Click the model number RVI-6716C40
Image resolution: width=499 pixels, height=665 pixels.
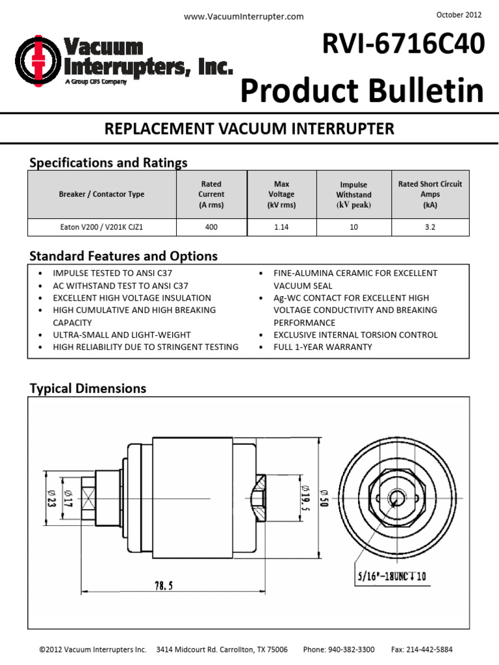pos(403,45)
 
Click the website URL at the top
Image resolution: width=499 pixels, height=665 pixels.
pos(244,17)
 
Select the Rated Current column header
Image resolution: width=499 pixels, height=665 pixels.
pos(211,194)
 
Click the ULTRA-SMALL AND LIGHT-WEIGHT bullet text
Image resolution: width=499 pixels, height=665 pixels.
pos(122,334)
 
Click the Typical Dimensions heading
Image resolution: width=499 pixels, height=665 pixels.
pos(88,388)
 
